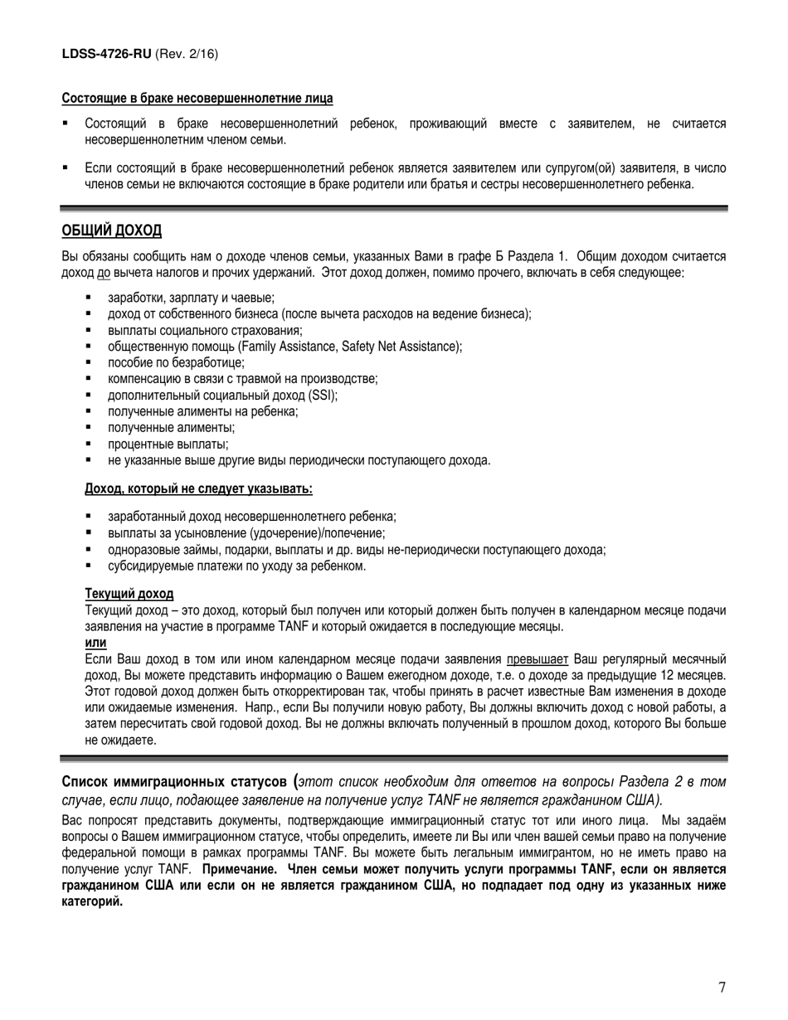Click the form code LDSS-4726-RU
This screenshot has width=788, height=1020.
[106, 54]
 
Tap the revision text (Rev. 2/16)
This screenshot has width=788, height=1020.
[187, 54]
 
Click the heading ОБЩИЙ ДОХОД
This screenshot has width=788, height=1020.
[112, 230]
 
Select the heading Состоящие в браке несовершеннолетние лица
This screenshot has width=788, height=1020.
[197, 99]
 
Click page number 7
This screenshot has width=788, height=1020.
[722, 987]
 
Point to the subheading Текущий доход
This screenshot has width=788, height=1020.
[129, 594]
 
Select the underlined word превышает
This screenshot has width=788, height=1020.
[537, 659]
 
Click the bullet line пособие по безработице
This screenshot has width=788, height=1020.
[176, 362]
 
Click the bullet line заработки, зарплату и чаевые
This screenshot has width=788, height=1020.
[191, 298]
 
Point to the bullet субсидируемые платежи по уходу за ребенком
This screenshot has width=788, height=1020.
[236, 566]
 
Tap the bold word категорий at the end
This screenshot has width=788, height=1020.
[92, 901]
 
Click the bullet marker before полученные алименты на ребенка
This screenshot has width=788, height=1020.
[88, 411]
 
